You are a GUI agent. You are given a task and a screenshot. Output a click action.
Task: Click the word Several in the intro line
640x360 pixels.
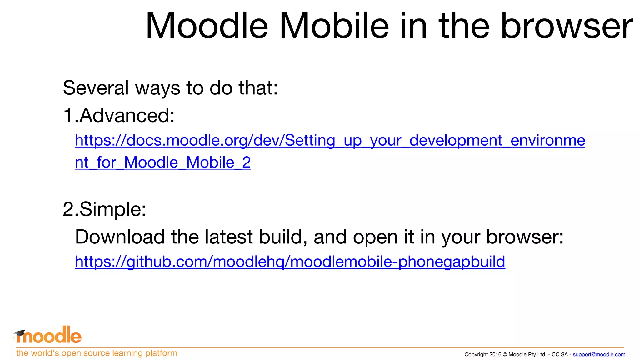click(x=96, y=88)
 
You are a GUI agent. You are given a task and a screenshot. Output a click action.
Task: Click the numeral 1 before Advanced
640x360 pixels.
click(x=68, y=115)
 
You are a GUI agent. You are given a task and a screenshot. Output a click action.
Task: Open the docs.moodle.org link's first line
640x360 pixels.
click(x=330, y=140)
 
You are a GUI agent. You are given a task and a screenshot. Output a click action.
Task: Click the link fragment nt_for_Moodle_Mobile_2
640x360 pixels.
click(x=163, y=162)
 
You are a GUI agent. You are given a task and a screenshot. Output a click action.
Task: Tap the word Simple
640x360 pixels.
click(x=113, y=209)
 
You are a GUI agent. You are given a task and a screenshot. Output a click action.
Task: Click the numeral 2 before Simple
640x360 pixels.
click(x=68, y=209)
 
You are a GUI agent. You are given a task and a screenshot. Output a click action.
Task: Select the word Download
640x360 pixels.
click(x=120, y=237)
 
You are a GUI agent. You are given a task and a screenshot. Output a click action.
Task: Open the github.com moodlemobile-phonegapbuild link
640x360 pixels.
click(x=290, y=262)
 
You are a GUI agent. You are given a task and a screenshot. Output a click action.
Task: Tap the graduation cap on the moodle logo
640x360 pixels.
click(x=20, y=333)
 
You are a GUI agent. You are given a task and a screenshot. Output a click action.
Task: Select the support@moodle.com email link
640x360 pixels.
click(x=599, y=354)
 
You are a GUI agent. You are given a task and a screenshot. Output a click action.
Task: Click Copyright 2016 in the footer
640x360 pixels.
click(x=483, y=354)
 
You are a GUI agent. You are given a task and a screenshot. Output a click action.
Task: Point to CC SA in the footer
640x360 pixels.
click(x=559, y=354)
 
